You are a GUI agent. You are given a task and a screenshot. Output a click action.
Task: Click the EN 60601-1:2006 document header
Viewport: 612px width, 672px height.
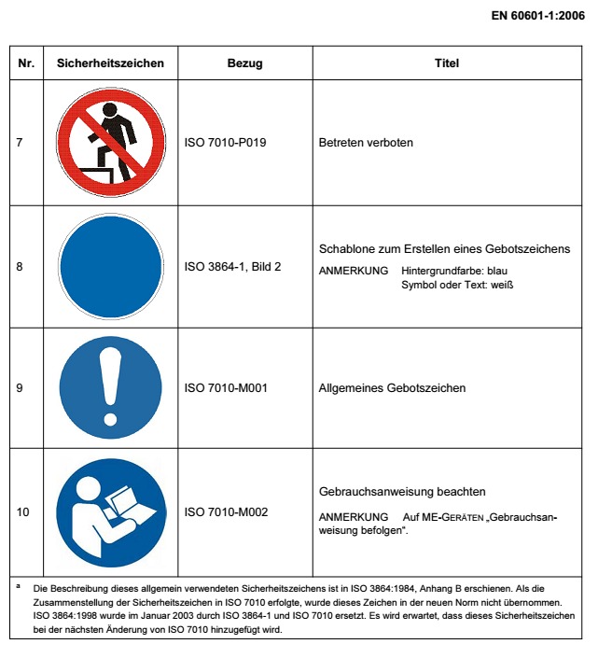536,15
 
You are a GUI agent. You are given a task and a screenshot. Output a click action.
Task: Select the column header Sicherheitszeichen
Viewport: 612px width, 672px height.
110,63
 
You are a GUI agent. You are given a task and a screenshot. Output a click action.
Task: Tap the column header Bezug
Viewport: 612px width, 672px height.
244,63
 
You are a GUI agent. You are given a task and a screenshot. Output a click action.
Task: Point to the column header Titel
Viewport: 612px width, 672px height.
446,63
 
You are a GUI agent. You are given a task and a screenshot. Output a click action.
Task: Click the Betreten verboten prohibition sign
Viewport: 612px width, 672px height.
110,143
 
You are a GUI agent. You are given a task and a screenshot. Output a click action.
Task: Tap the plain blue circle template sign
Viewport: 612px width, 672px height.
110,266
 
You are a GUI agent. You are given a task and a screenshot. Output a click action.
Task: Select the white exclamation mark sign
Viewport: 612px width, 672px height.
110,387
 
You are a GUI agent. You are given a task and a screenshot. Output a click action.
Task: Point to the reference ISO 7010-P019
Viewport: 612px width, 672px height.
227,144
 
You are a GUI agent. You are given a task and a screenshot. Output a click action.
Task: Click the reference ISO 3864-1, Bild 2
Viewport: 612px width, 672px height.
233,266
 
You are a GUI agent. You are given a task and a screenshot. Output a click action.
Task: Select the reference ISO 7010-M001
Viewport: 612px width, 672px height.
227,387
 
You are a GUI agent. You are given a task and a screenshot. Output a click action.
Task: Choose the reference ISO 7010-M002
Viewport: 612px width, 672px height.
227,511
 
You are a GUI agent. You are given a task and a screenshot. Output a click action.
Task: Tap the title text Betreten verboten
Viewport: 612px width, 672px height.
366,144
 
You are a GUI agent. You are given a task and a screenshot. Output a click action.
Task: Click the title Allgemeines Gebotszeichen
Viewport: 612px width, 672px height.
392,387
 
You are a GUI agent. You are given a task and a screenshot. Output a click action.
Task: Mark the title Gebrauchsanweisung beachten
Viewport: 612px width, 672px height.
402,492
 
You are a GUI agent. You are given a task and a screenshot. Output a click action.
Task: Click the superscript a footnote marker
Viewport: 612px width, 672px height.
19,585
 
